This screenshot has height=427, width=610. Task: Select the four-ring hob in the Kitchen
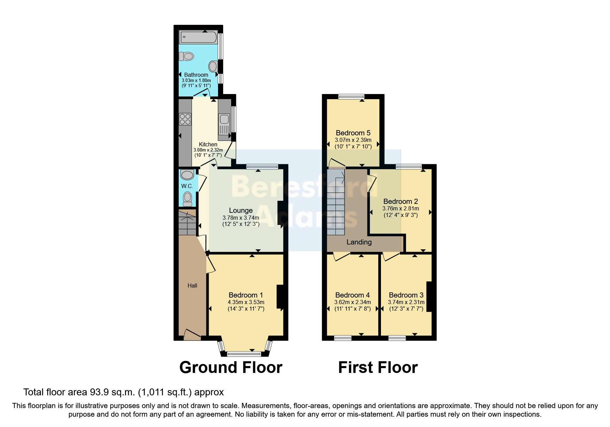coord(185,119)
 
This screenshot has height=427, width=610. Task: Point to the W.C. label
coord(187,186)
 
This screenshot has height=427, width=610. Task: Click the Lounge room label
coord(241,210)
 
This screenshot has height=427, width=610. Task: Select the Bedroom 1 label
coord(246,295)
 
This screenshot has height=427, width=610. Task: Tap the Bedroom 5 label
coord(353,133)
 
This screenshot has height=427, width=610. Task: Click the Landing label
coord(359,242)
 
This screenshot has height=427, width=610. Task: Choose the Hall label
coord(192,285)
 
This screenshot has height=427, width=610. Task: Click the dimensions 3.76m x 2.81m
coord(401,209)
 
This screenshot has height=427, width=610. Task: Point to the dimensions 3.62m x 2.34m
coord(352,302)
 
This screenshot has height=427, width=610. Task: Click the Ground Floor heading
coord(231,367)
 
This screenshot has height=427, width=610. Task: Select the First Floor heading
coord(378,367)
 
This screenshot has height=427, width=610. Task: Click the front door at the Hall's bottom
coord(192,334)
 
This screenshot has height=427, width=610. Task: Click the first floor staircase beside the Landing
coord(335,203)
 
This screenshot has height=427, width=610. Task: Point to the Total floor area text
coord(123,392)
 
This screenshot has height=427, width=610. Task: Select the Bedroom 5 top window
coord(351,97)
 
